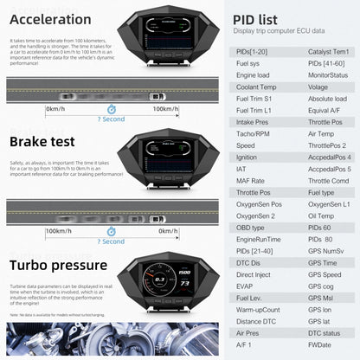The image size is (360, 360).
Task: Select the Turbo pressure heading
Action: (x=58, y=265)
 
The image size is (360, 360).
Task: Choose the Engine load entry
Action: (x=254, y=74)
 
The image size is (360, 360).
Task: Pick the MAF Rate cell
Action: (x=250, y=179)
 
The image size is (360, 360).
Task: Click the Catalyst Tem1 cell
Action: (x=329, y=51)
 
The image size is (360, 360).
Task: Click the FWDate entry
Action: (x=319, y=344)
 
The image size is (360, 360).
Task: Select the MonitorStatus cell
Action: (x=329, y=74)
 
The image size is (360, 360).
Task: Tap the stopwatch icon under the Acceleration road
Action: (x=110, y=109)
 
